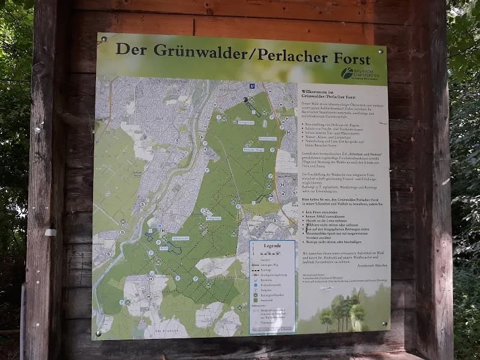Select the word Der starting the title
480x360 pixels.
click(131, 48)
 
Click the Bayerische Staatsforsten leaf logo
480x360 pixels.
click(347, 73)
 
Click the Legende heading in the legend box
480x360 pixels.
click(272, 246)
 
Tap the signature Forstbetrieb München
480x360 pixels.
click(367, 264)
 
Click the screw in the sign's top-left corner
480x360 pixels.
click(104, 40)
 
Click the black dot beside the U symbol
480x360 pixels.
click(245, 99)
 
